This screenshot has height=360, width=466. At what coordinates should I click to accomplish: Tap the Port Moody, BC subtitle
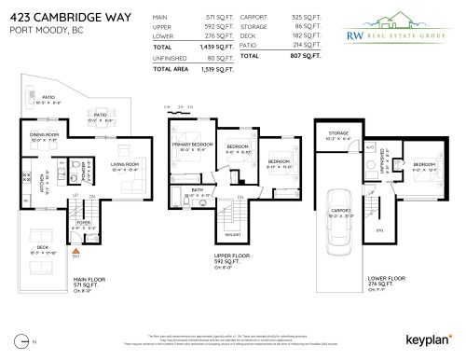[40, 30]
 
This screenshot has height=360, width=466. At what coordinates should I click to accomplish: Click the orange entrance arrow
[76, 250]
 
